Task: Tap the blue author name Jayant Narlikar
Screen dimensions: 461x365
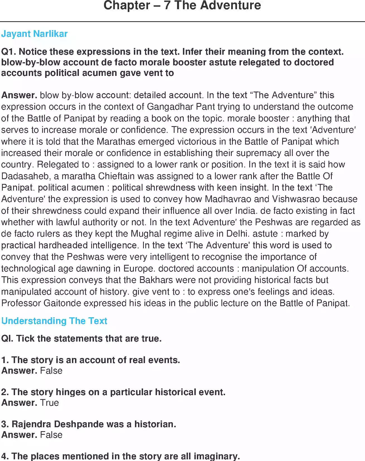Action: pyautogui.click(x=34, y=34)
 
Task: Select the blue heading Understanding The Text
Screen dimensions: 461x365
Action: pyautogui.click(x=54, y=321)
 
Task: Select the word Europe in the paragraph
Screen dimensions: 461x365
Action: pyautogui.click(x=138, y=268)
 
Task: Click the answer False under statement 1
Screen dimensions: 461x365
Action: pyautogui.click(x=51, y=371)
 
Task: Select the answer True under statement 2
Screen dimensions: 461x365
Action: pyautogui.click(x=49, y=403)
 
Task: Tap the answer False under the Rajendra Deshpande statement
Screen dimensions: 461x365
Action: pyautogui.click(x=51, y=435)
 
